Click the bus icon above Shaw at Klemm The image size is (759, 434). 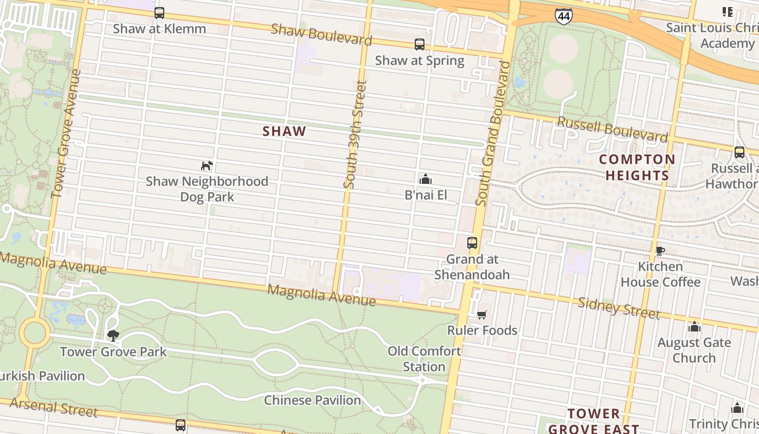(159, 13)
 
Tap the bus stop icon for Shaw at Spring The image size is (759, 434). (419, 44)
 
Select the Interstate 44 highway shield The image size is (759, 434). (564, 16)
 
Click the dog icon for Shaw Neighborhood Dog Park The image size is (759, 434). (207, 165)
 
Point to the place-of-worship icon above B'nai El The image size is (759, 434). (426, 178)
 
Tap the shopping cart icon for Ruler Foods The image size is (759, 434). (481, 315)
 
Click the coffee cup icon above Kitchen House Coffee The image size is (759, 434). (660, 251)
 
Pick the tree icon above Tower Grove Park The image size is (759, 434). (113, 335)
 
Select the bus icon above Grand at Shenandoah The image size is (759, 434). (472, 242)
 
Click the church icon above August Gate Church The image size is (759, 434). (694, 327)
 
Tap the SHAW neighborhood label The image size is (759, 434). (285, 131)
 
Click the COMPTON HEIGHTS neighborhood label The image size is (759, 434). (638, 167)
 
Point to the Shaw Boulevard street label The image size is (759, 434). (321, 35)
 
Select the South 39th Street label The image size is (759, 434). (356, 135)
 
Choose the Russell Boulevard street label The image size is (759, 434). (612, 130)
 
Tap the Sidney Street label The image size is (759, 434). (619, 308)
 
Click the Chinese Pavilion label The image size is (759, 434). (312, 400)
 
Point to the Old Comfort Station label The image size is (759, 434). (424, 359)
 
